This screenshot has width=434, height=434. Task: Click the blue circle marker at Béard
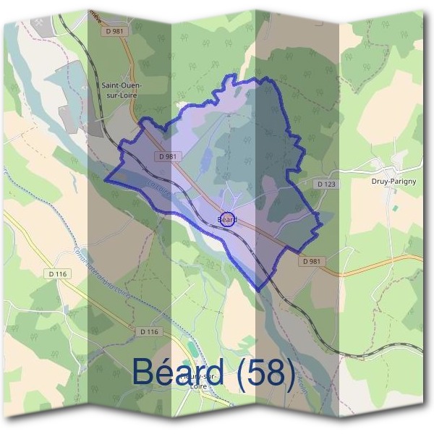click(x=226, y=218)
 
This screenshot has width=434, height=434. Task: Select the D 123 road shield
click(x=326, y=184)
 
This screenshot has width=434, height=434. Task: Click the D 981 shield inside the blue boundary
click(x=166, y=156)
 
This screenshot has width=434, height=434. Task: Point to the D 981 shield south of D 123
click(x=312, y=261)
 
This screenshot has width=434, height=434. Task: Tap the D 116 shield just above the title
click(x=148, y=331)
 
